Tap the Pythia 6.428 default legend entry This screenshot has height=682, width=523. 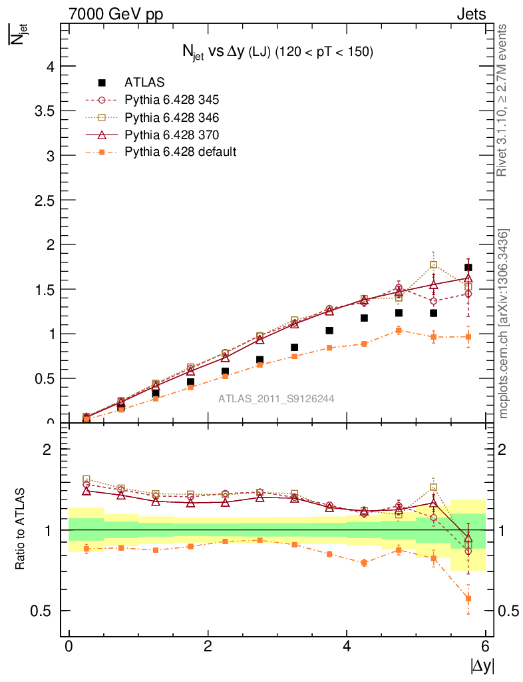(x=180, y=152)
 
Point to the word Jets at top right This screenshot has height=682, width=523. (x=470, y=14)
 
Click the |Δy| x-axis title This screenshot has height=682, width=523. (x=482, y=665)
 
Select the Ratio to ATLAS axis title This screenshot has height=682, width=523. (x=21, y=529)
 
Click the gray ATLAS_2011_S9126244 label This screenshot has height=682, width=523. (x=276, y=398)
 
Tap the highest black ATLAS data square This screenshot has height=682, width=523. (x=468, y=267)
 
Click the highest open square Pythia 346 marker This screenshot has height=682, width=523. (x=434, y=265)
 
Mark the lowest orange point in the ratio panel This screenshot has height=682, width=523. (x=468, y=598)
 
